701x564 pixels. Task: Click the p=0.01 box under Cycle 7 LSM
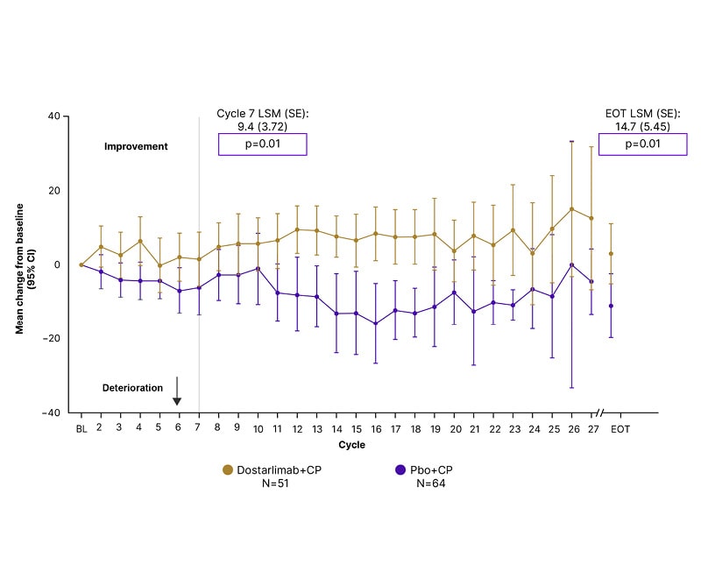(262, 145)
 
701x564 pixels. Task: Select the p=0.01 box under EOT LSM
(640, 145)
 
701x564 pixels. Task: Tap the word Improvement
(136, 147)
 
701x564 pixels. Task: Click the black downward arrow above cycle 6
(177, 391)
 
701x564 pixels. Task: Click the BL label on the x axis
(81, 428)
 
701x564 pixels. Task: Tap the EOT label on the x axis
(620, 428)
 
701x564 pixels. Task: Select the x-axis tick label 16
(376, 428)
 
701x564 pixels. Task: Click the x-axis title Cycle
(352, 445)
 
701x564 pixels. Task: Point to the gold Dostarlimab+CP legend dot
(229, 470)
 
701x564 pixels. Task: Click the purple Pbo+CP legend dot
(400, 470)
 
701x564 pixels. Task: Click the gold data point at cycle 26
(572, 209)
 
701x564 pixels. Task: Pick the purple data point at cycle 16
(376, 324)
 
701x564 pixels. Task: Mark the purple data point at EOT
(611, 306)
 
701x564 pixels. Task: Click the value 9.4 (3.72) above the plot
(263, 126)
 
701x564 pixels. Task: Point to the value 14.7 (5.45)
(641, 126)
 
